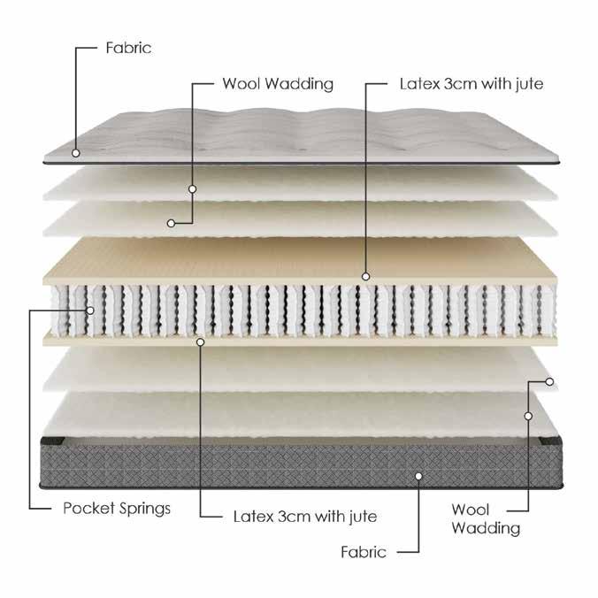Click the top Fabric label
click(x=128, y=48)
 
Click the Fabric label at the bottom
click(x=364, y=552)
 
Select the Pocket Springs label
click(x=117, y=509)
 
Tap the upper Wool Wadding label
click(x=277, y=84)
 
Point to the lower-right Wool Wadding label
click(x=486, y=518)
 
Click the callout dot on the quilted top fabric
click(x=77, y=152)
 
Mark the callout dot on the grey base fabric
click(x=419, y=475)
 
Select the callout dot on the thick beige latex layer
click(x=364, y=277)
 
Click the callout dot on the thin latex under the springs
click(x=201, y=340)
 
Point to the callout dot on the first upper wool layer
click(x=192, y=188)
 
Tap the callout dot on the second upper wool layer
click(x=170, y=221)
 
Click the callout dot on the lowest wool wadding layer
click(x=528, y=414)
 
